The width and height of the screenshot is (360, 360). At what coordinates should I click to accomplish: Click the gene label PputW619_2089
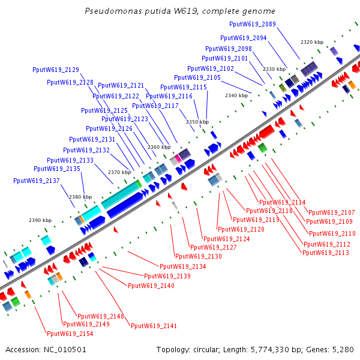[253, 24]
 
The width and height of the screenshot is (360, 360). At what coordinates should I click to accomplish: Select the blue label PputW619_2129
[56, 70]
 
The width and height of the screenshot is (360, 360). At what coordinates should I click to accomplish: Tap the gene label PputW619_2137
[37, 180]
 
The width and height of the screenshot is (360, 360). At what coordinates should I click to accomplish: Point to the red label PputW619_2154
[70, 333]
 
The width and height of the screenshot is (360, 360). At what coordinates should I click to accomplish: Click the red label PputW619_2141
[154, 325]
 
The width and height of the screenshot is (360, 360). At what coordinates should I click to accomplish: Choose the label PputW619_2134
[182, 266]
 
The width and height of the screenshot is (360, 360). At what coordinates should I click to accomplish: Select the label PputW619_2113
[326, 253]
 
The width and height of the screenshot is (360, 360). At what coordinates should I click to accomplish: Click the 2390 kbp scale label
[40, 220]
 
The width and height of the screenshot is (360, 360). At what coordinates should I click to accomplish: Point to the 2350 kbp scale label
[197, 122]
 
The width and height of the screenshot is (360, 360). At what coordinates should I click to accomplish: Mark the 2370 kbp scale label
[119, 172]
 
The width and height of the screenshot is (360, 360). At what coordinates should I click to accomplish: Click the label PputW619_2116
[169, 96]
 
